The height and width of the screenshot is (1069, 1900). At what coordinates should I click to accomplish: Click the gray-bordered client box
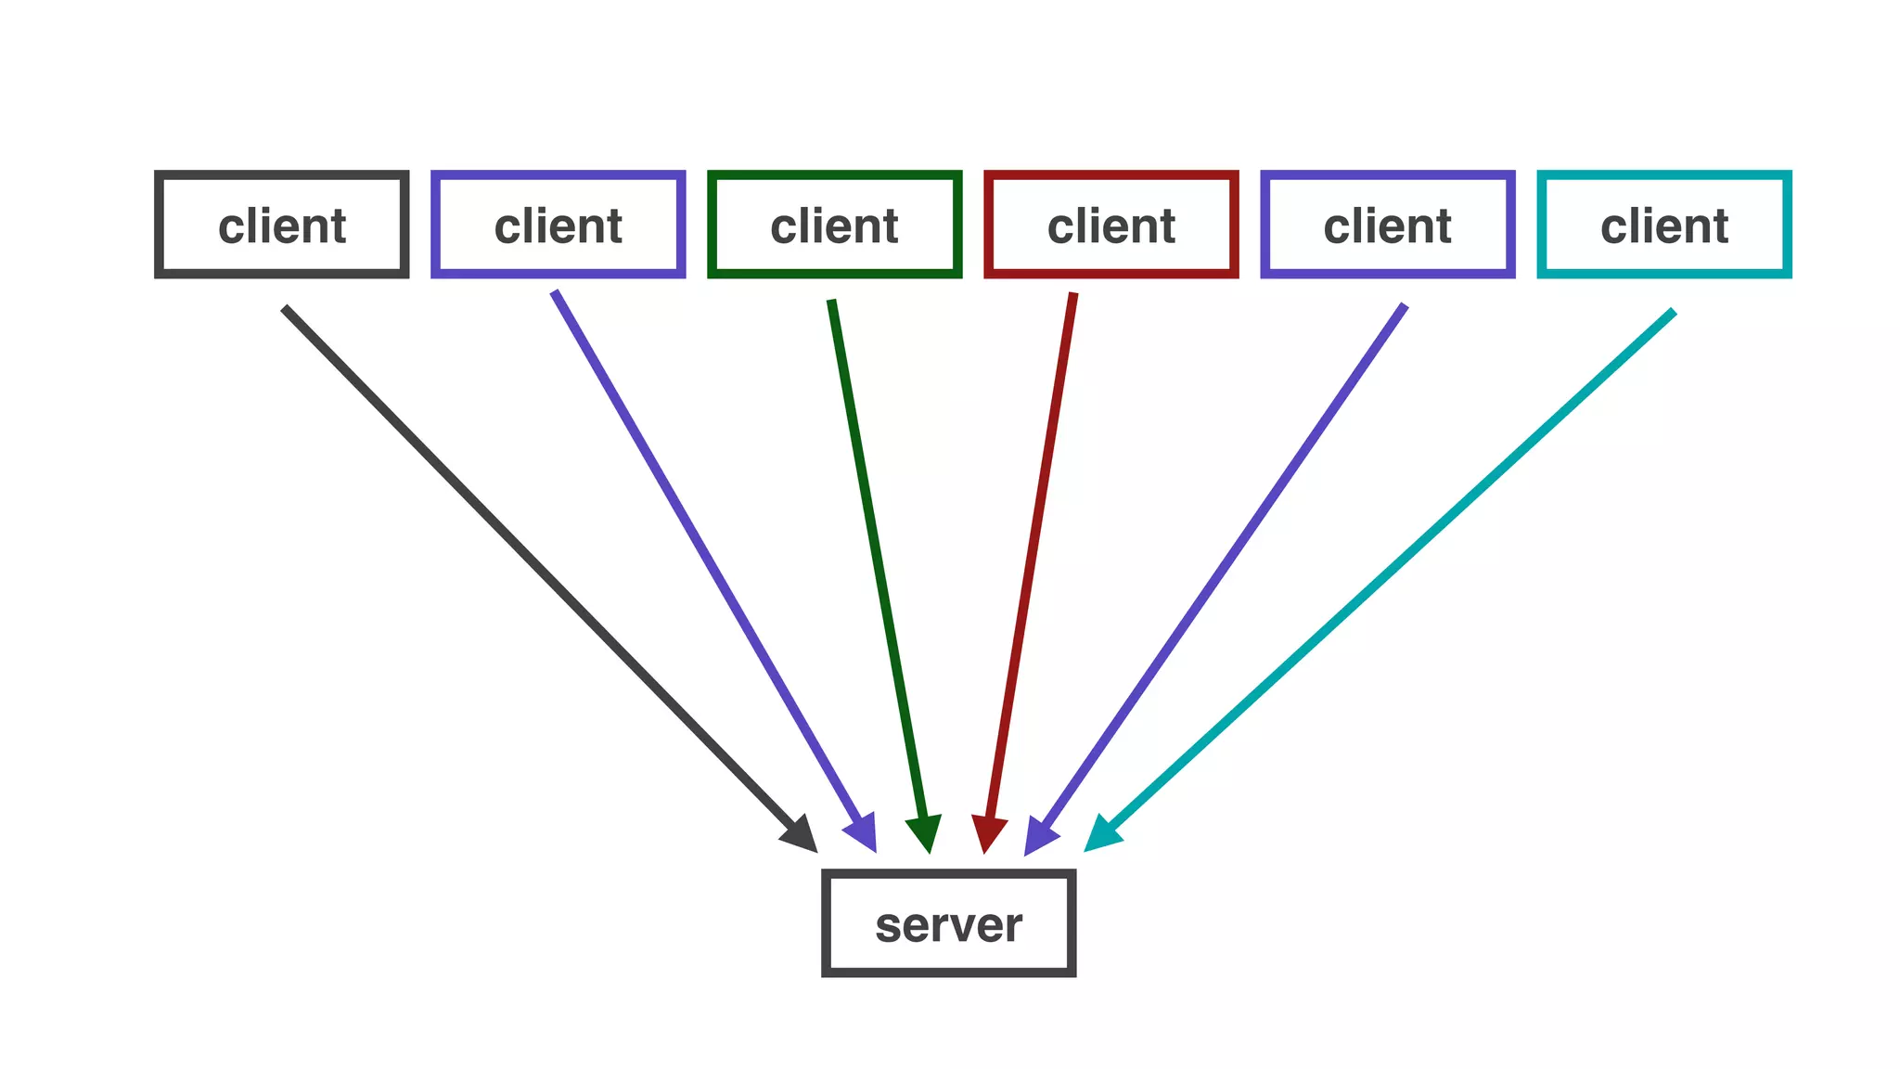click(281, 224)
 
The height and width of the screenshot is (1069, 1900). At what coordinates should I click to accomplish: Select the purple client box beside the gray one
click(558, 224)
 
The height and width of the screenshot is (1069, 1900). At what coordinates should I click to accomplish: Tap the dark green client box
click(834, 224)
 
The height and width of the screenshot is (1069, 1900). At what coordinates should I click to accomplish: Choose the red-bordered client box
click(1110, 224)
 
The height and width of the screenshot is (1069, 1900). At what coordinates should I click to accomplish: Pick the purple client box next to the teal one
click(1387, 224)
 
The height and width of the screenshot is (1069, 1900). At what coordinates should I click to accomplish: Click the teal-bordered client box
click(1663, 224)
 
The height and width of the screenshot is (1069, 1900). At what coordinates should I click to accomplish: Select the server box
click(948, 922)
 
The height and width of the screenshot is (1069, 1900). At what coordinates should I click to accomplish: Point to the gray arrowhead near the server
click(802, 835)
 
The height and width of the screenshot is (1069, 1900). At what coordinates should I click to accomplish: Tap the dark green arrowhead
click(926, 832)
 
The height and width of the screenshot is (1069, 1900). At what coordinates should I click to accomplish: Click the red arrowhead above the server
click(988, 832)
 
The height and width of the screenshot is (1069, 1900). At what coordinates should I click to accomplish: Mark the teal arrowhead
click(1101, 834)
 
